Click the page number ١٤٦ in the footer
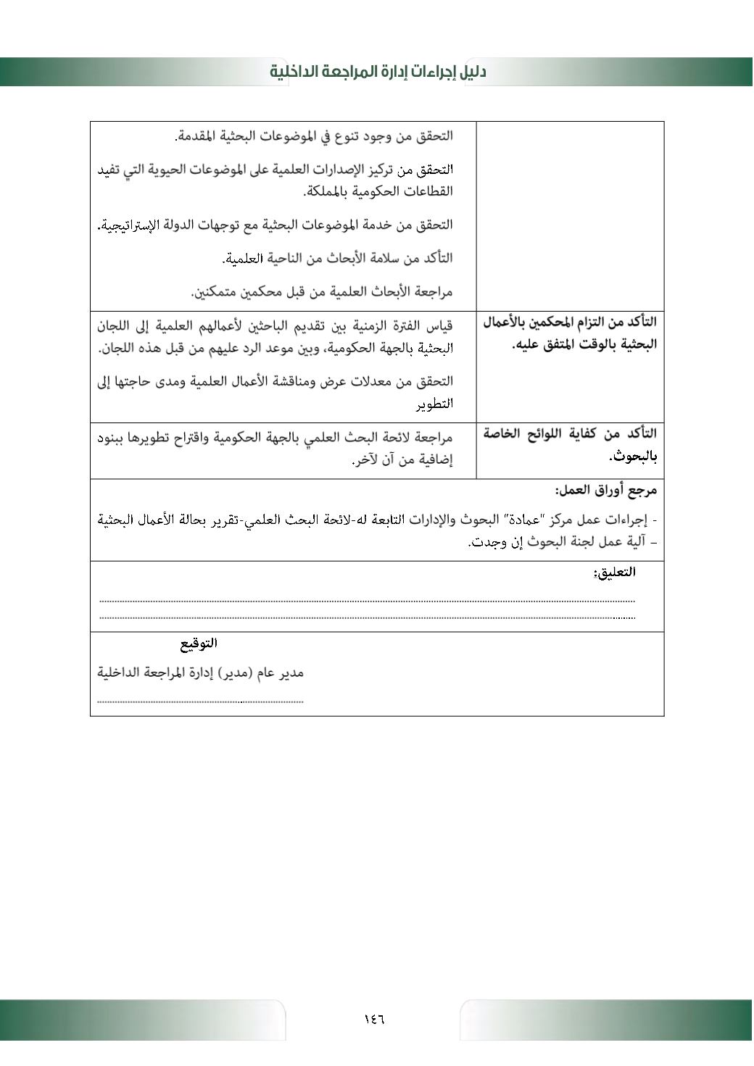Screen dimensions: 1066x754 [x=374, y=1019]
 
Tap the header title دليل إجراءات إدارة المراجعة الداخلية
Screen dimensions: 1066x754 [x=378, y=72]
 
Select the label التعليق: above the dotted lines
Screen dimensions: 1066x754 [x=614, y=572]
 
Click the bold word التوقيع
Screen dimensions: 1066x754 [x=199, y=644]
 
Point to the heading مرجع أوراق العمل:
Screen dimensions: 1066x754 [x=606, y=491]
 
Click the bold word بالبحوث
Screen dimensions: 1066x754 [x=633, y=457]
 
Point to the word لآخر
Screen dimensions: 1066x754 [x=367, y=460]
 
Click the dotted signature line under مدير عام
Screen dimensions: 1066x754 [x=200, y=701]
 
